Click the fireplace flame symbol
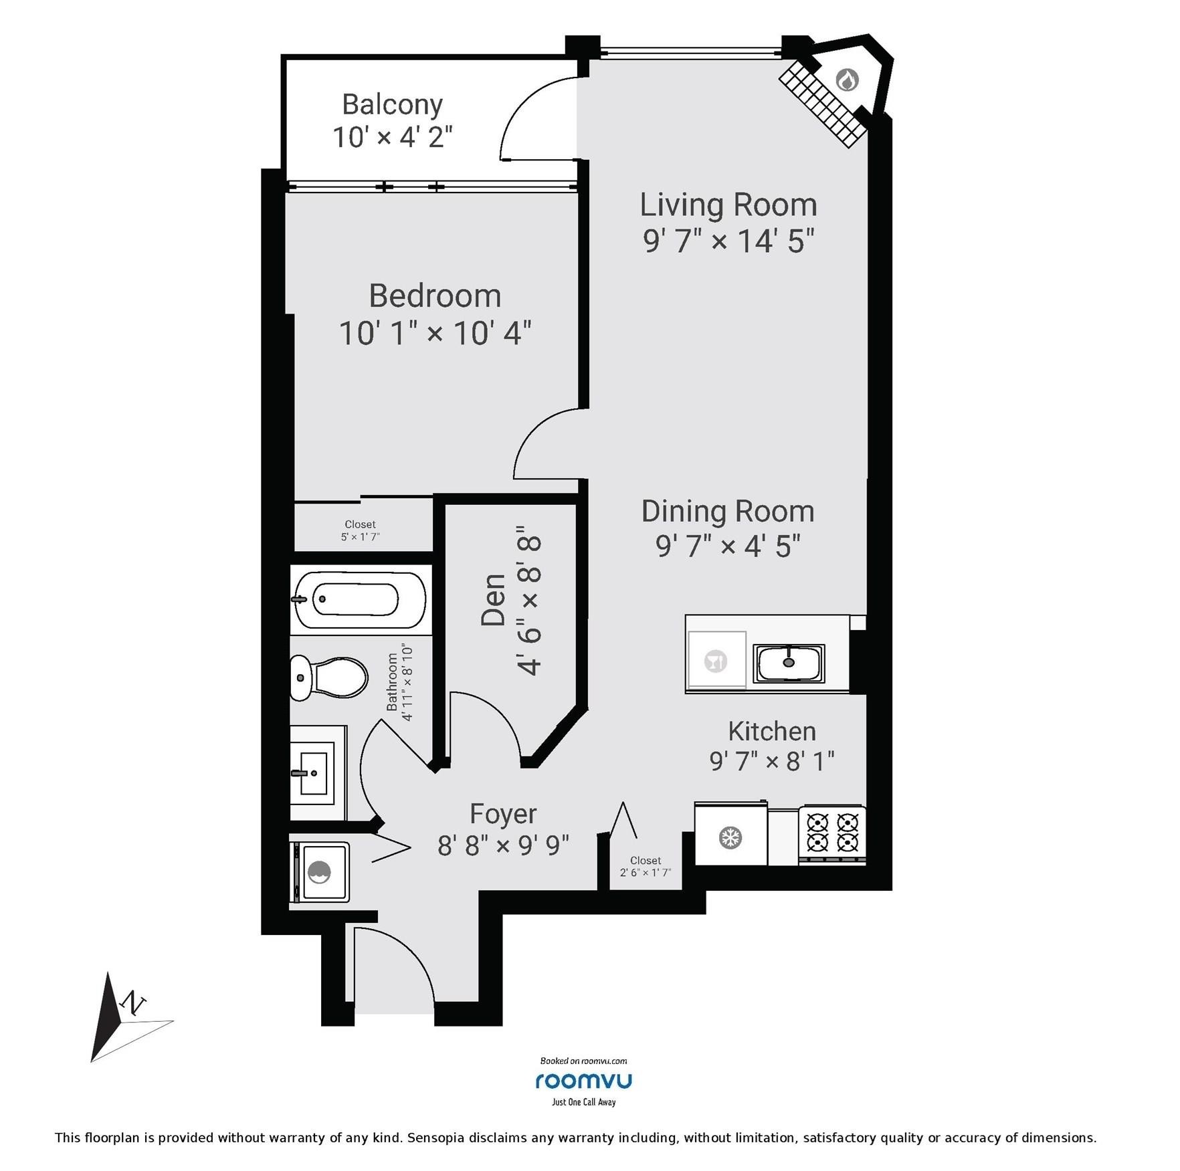coord(848,80)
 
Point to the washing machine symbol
coord(322,872)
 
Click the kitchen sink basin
coord(789,663)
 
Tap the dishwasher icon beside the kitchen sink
coord(716,661)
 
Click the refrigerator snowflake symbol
coord(730,837)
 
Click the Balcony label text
coord(393,105)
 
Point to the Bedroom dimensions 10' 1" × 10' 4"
coord(435,333)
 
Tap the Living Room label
coord(728,205)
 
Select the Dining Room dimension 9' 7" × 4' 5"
coord(728,546)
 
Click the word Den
coord(494,600)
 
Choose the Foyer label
coord(503,814)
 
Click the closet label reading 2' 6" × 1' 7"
coord(645,873)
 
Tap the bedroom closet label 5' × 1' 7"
coord(361,536)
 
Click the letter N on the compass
coord(133,1002)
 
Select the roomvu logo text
coord(583,1081)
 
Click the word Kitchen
coord(772,731)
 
